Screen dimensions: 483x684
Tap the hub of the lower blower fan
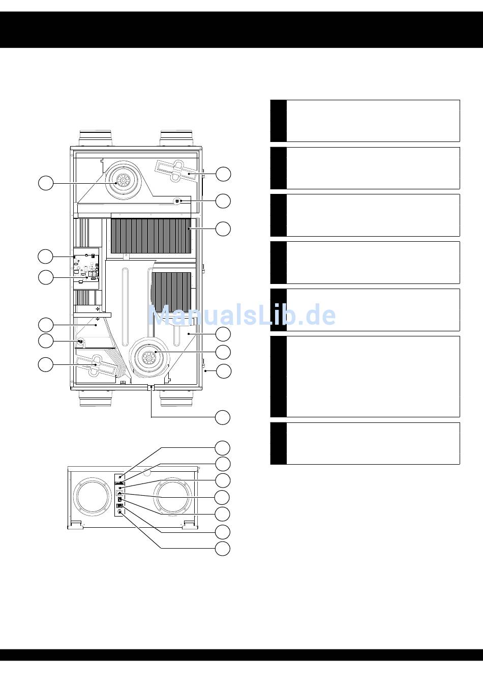pyautogui.click(x=149, y=357)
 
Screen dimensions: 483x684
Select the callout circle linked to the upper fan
pyautogui.click(x=46, y=183)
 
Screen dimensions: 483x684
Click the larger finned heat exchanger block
pyautogui.click(x=150, y=236)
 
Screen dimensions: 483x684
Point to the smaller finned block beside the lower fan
pyautogui.click(x=171, y=292)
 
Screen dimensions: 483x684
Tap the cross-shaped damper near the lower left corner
pyautogui.click(x=97, y=365)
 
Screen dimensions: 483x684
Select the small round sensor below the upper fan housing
pyautogui.click(x=177, y=201)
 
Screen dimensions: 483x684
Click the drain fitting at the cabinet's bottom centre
pyautogui.click(x=151, y=387)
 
